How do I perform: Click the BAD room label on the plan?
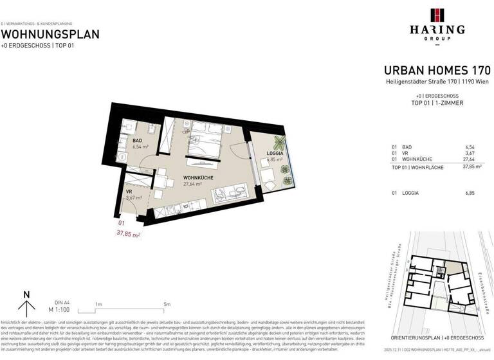coord(137,140)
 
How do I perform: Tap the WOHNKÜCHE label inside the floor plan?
coord(198,177)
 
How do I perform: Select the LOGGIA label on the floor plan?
coord(275,153)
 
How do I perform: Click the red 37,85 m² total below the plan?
coord(129,235)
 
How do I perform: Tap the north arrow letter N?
coord(26,295)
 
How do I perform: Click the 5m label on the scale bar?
coord(167,304)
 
